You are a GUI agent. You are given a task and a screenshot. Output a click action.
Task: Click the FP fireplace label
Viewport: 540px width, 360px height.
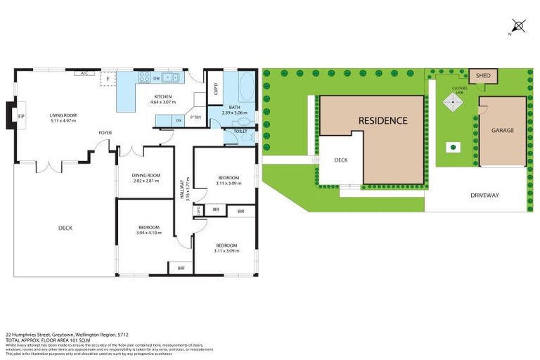[21, 116]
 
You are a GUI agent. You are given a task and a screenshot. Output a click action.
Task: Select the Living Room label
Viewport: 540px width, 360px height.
[63, 117]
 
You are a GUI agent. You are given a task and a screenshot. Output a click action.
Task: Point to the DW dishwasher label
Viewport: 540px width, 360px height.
[156, 78]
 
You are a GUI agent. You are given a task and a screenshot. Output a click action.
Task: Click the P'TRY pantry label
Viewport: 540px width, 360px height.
[195, 118]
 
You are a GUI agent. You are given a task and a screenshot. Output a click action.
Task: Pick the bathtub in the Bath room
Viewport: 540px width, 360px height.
[245, 89]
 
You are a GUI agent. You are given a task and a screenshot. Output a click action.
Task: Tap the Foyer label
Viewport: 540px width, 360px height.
[105, 132]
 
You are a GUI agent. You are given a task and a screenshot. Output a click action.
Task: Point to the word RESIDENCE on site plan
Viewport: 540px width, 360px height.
[382, 120]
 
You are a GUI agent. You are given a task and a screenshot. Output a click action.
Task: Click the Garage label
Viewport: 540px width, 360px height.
[502, 130]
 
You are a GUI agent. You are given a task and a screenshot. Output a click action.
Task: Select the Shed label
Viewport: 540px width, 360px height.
[483, 75]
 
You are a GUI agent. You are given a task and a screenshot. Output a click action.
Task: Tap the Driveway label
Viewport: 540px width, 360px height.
[484, 195]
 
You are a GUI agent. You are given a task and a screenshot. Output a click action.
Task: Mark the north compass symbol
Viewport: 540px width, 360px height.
[519, 26]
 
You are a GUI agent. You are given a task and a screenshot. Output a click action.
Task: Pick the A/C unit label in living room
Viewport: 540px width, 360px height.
[84, 73]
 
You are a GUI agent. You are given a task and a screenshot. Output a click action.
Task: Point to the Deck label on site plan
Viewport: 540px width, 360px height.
[341, 160]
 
